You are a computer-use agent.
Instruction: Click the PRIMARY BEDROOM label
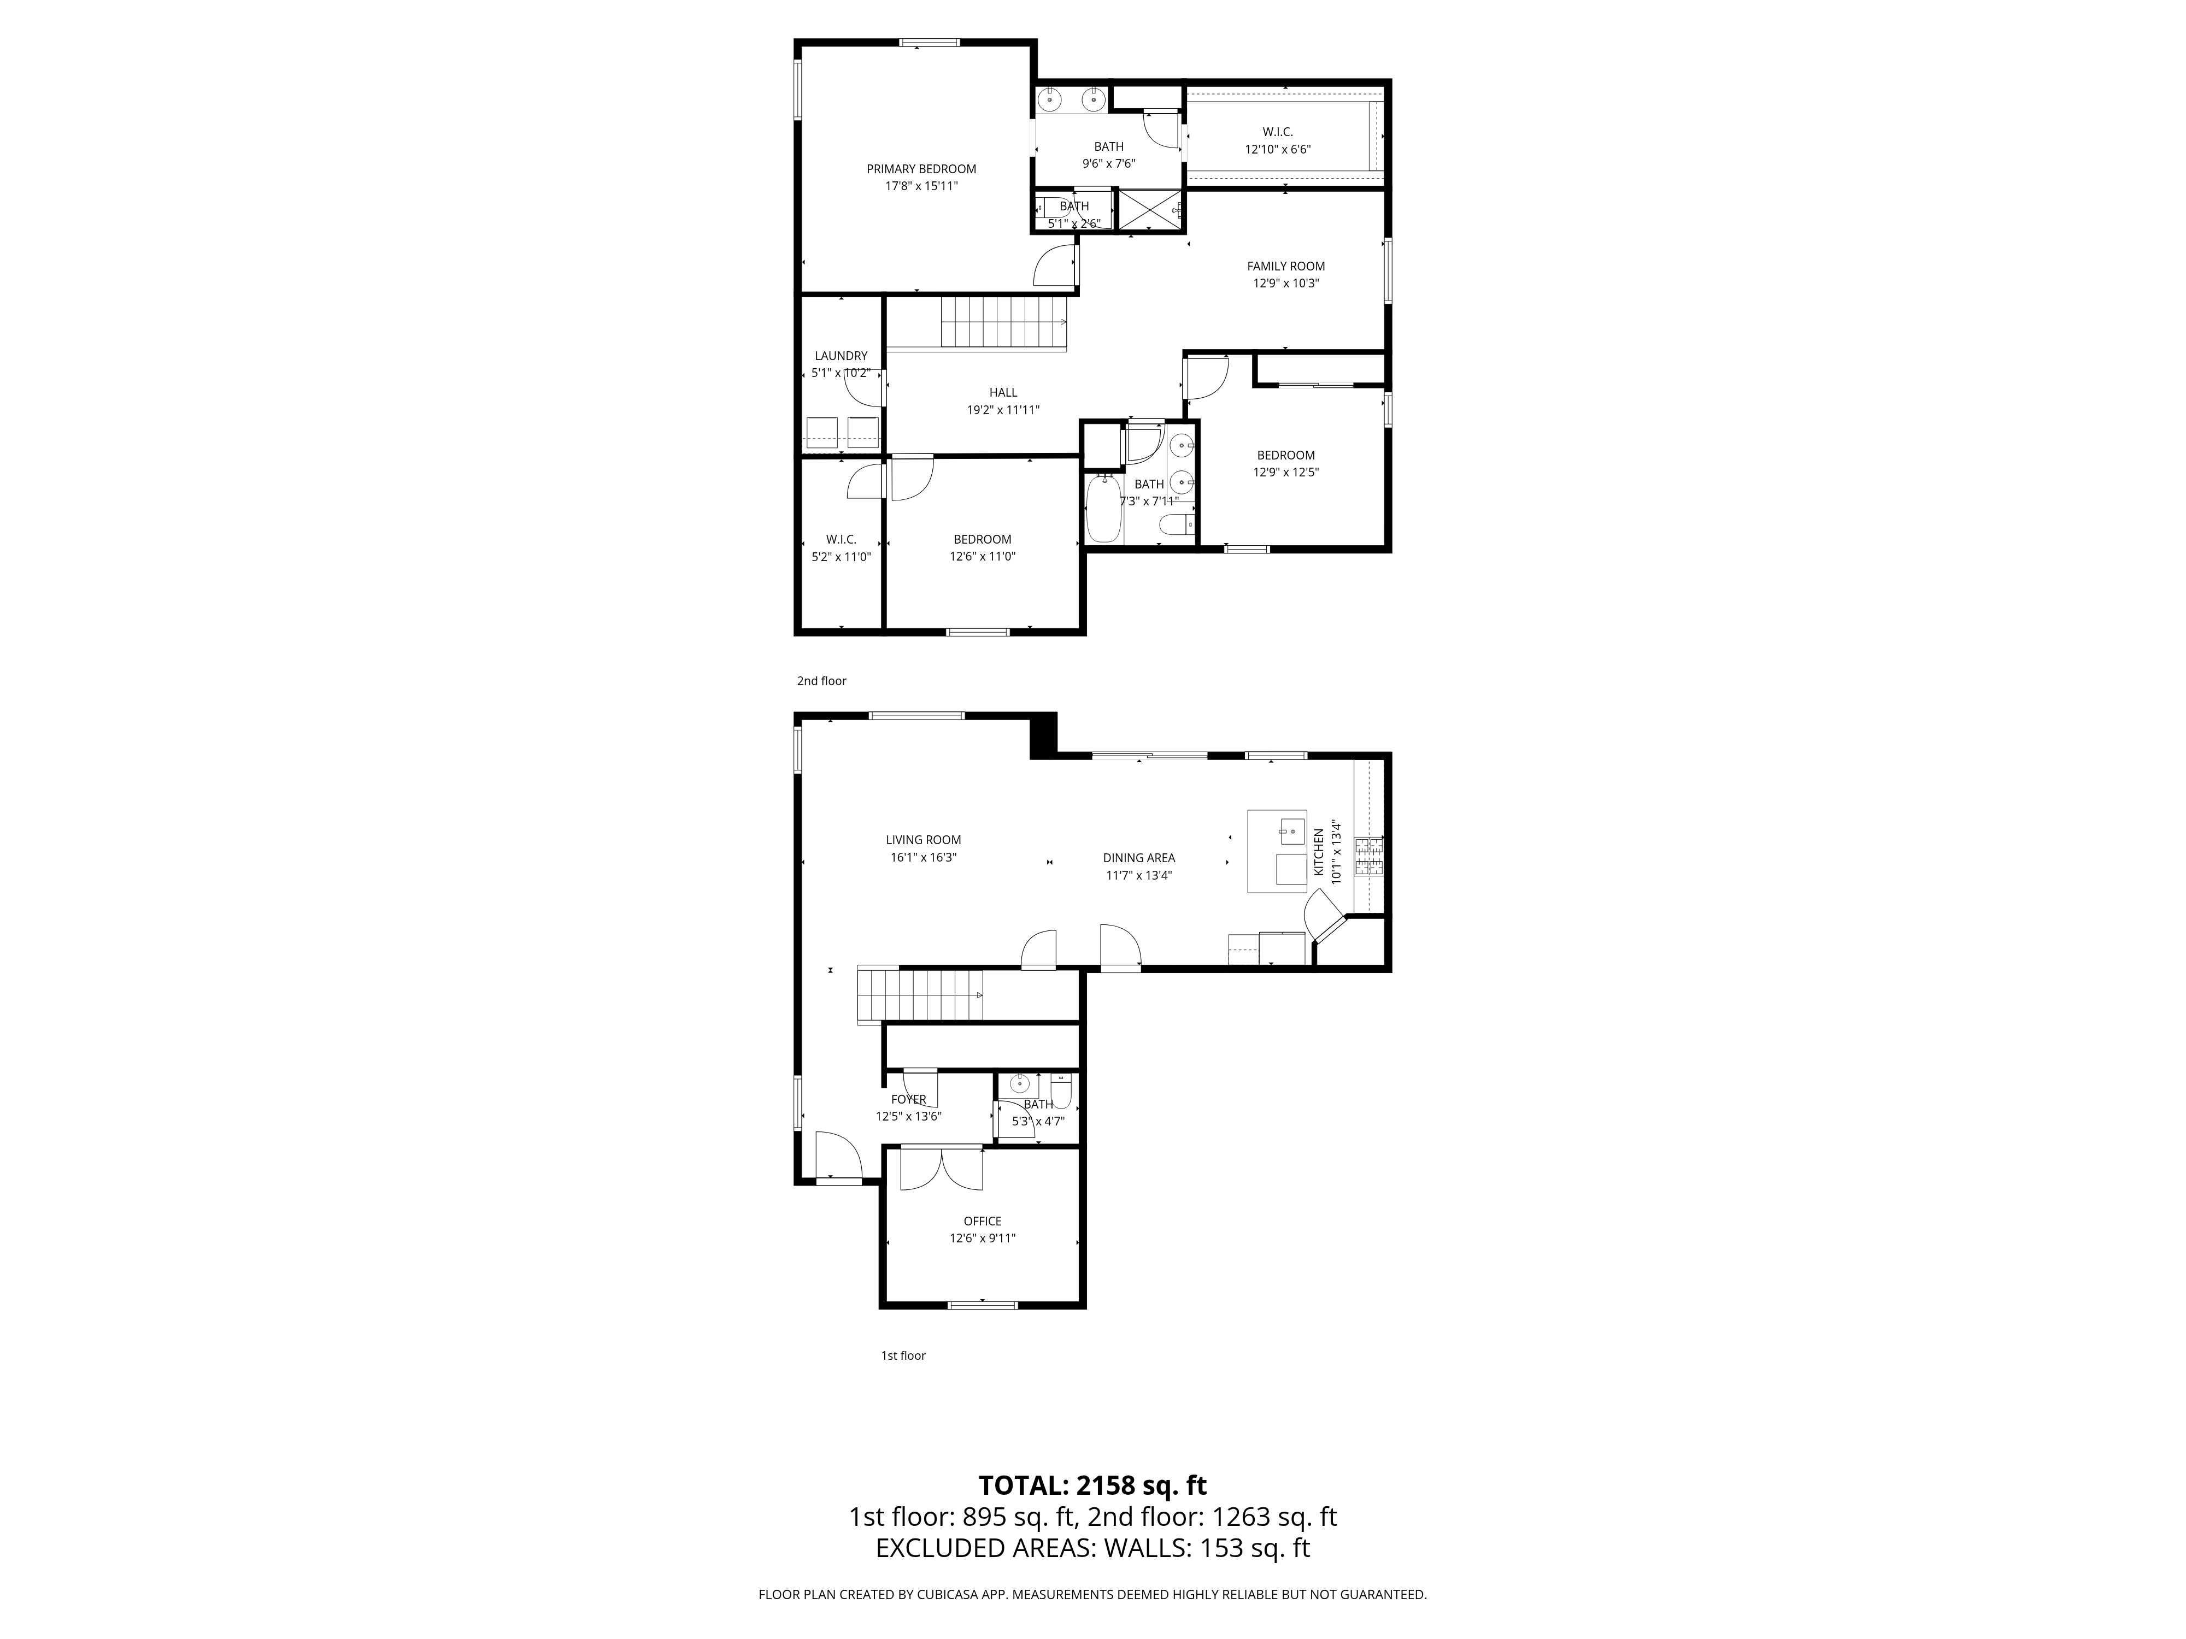coord(921,169)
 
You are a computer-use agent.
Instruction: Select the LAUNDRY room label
coord(841,356)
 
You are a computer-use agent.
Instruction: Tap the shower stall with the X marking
coord(1149,209)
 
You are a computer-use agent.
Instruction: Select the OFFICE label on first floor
coord(982,1221)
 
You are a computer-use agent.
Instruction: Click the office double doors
coord(943,1169)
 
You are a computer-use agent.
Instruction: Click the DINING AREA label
coord(1138,858)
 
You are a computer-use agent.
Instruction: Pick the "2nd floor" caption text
coord(821,681)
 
